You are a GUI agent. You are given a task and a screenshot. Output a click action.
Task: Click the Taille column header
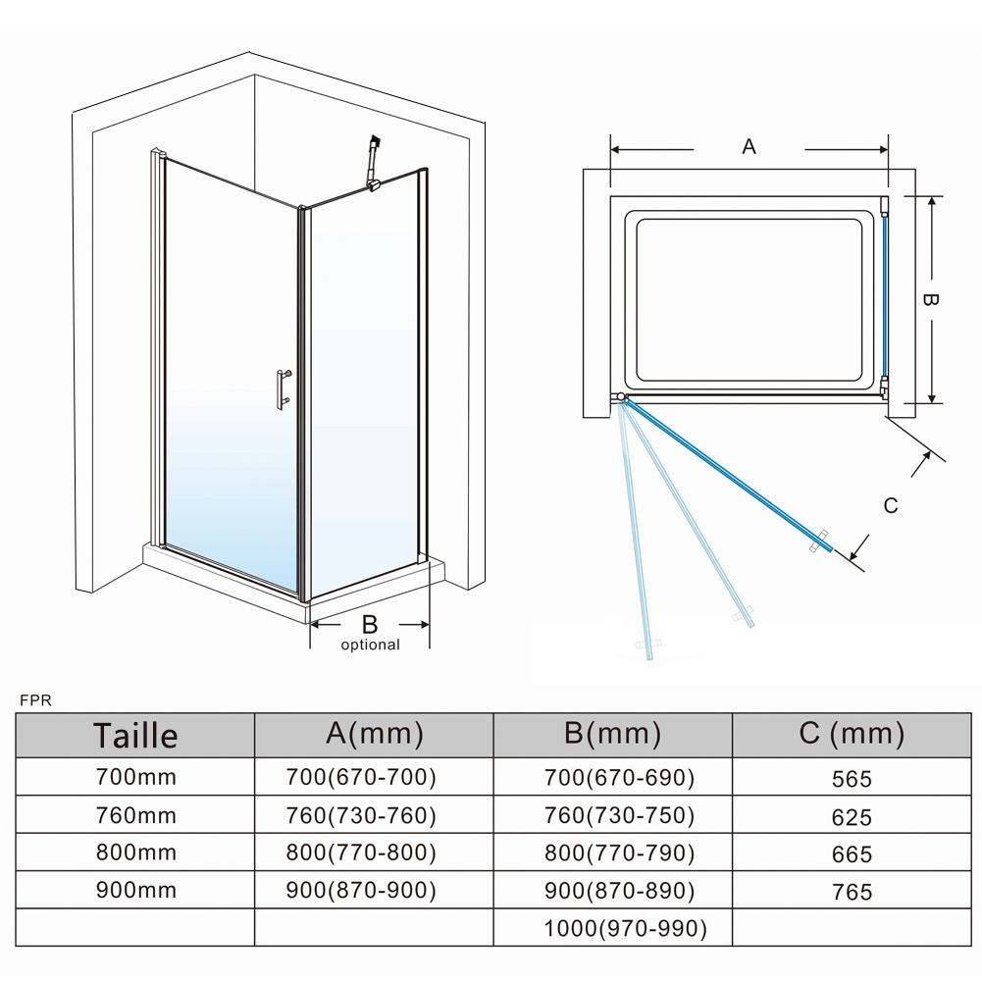click(135, 735)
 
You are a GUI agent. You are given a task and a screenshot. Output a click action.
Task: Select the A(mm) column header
click(375, 734)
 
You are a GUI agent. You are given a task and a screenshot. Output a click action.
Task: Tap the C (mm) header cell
click(852, 734)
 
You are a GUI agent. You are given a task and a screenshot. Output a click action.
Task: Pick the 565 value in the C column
click(852, 779)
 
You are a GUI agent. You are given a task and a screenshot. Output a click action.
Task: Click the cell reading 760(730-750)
click(619, 815)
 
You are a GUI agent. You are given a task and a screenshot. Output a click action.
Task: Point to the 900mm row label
click(136, 890)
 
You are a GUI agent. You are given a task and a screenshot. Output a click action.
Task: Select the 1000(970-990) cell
click(625, 928)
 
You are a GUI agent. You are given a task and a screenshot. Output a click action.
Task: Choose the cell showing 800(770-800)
click(361, 853)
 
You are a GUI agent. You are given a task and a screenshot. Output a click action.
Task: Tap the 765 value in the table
click(852, 892)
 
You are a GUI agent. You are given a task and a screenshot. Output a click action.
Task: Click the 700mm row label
click(136, 777)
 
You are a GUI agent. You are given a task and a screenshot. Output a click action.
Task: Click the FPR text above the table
click(35, 700)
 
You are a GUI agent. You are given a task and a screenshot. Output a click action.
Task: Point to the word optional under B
click(370, 645)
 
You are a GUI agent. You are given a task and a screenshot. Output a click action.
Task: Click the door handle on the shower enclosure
click(284, 389)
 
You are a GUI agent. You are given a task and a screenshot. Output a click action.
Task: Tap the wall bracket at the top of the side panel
click(373, 162)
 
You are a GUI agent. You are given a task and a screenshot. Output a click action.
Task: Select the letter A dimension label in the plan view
click(749, 146)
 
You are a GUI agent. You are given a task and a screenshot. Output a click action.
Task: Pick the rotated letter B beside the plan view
click(930, 300)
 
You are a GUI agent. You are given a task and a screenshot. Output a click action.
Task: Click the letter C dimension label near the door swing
click(891, 505)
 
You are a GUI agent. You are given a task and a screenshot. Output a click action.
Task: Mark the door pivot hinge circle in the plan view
click(620, 397)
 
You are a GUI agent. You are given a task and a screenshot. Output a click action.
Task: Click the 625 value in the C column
click(852, 816)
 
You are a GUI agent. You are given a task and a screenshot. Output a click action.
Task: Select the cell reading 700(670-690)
click(619, 777)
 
